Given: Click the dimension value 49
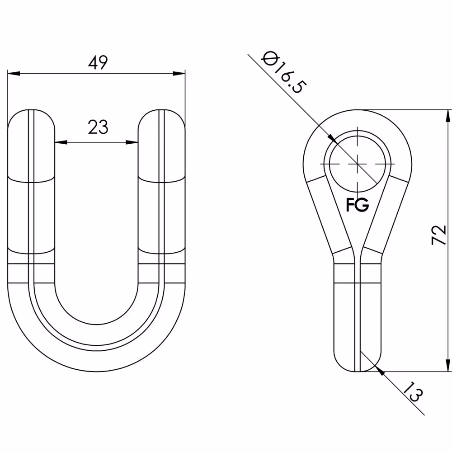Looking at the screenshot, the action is (98, 62).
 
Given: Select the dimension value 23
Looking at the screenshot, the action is (98, 127).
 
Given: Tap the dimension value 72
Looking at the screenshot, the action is (439, 235).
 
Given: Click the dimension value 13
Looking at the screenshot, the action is (413, 391).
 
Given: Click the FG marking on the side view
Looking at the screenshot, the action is (358, 205).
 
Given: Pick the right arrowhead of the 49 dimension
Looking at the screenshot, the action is (179, 74).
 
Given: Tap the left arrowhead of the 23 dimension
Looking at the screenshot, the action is (61, 142).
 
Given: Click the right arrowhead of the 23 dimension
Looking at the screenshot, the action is (132, 142).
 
